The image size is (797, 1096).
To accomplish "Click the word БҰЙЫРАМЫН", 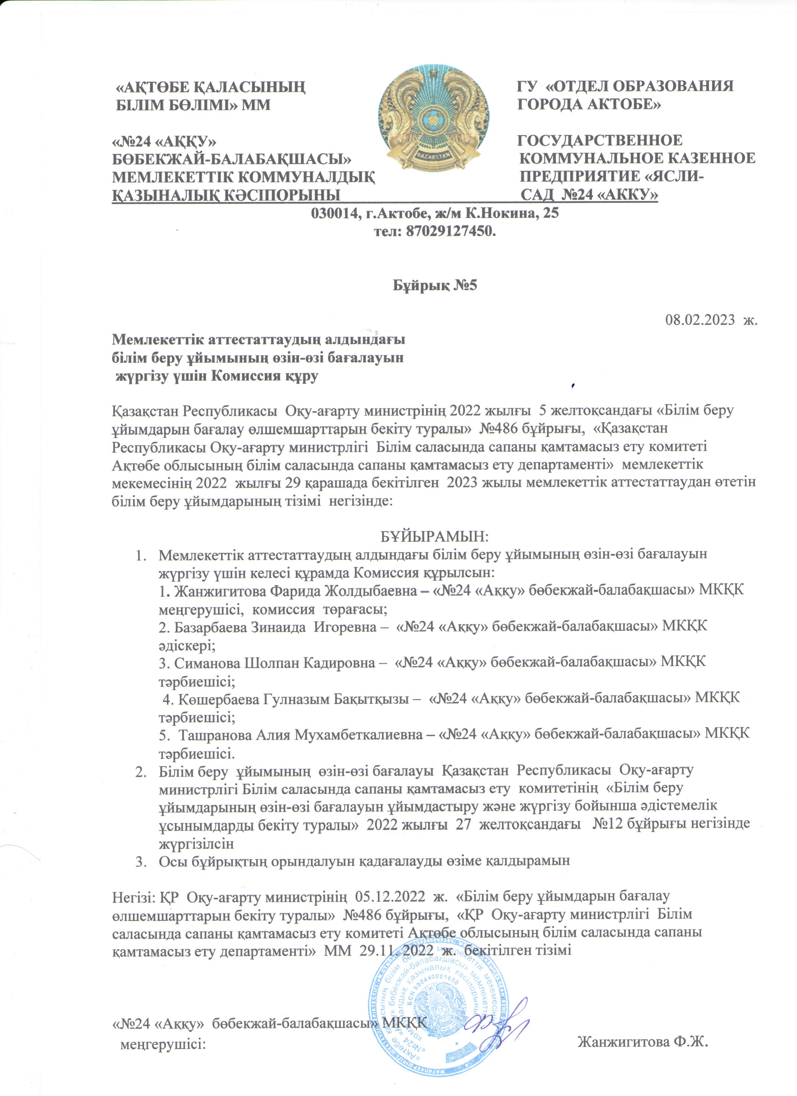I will (434, 536).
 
